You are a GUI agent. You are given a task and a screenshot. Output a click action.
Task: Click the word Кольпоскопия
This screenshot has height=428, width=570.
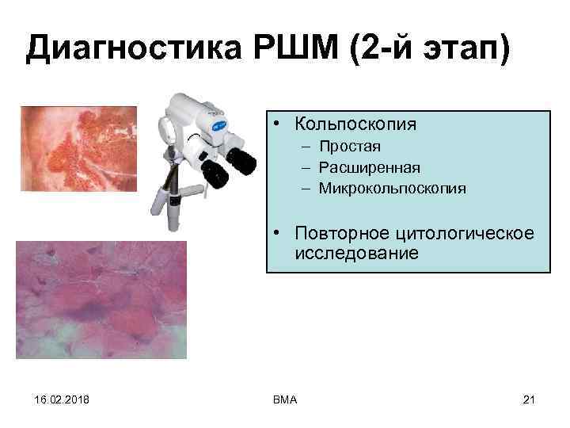pos(355,124)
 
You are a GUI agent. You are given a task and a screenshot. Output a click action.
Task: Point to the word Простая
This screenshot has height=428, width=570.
pos(350,147)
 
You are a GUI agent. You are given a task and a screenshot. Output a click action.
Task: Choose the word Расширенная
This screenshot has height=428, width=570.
pos(370,167)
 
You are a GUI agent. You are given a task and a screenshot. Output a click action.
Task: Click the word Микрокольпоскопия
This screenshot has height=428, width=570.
pos(393,189)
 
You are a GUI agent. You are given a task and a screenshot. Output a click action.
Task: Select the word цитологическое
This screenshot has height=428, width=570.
pos(466,234)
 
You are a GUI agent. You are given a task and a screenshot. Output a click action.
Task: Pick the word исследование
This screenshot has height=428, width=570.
pos(355,254)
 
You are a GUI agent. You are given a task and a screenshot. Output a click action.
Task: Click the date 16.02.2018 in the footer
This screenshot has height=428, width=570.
pos(51,399)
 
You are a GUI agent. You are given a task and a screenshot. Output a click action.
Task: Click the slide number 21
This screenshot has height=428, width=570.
pos(530,399)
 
